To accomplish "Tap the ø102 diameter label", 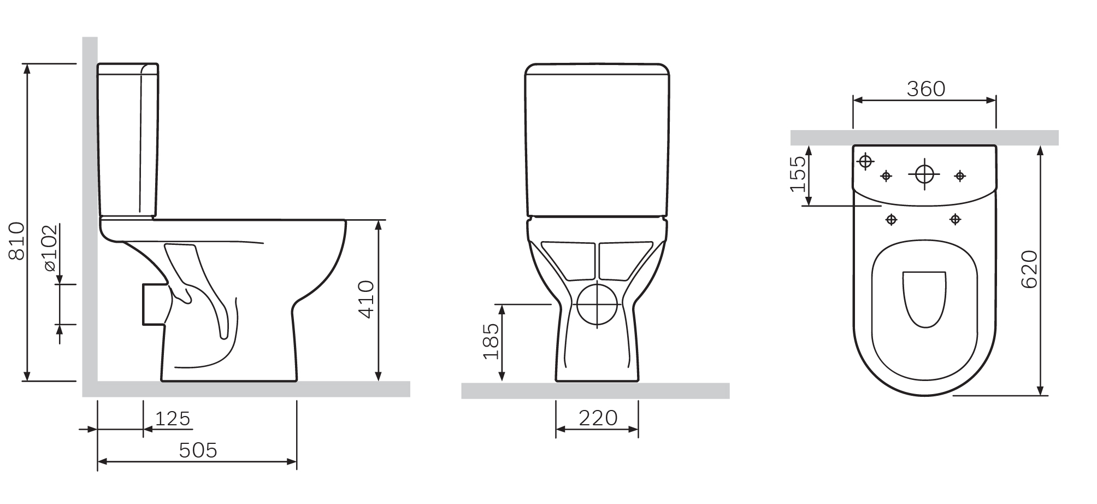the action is [50, 248].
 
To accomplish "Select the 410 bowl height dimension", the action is [365, 299].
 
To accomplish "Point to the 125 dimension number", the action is [173, 419].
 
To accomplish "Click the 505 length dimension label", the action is [198, 450].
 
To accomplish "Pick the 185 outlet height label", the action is [491, 341].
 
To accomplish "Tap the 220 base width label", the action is [598, 418].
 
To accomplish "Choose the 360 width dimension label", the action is [925, 89].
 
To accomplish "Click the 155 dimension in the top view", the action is [798, 174].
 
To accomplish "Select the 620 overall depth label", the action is [1029, 269].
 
